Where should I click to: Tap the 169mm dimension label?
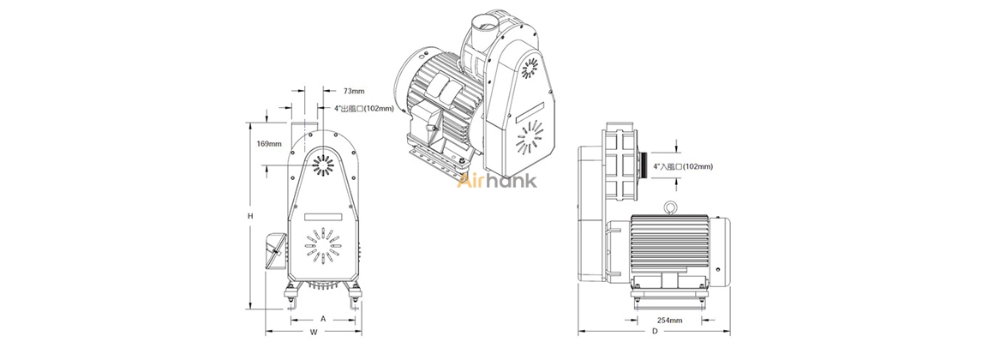(269, 144)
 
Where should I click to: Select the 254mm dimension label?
(669, 320)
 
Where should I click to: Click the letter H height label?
(250, 216)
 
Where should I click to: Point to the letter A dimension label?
(323, 319)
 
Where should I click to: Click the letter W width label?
(313, 332)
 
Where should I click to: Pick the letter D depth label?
(655, 332)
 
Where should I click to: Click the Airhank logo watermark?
(497, 181)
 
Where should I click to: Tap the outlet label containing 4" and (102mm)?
(364, 108)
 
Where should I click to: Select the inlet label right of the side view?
(683, 166)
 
